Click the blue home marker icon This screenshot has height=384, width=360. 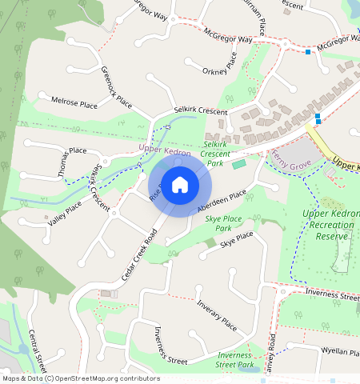tap(180, 185)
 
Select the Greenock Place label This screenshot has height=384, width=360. tap(116, 87)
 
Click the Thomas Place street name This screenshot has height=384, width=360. tap(66, 162)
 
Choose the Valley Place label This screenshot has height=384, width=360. tap(64, 213)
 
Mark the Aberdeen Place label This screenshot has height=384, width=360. tap(222, 202)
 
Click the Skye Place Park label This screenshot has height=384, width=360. tap(223, 222)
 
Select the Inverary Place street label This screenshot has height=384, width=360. tap(218, 318)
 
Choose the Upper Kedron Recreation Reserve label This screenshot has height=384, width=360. tap(330, 224)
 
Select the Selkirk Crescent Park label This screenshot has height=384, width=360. tap(214, 153)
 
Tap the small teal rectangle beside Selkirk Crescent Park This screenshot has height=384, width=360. tap(239, 164)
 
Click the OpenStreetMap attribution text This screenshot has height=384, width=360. tap(80, 378)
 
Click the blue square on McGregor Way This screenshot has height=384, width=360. tap(308, 53)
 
